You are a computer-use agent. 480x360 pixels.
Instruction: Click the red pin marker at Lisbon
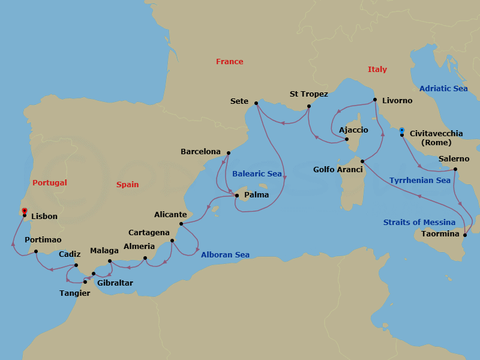click(x=24, y=211)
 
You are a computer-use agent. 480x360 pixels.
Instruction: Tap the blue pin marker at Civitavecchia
click(x=401, y=129)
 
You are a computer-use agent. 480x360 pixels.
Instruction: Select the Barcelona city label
click(x=200, y=152)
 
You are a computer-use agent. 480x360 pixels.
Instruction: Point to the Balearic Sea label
click(x=257, y=174)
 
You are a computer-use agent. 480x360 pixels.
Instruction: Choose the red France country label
click(x=230, y=62)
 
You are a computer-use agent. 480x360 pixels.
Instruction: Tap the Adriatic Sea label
click(x=443, y=89)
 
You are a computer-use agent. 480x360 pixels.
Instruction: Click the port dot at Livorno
click(x=374, y=100)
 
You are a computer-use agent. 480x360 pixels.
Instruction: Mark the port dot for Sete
click(x=256, y=103)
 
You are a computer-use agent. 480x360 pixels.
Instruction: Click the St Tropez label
click(x=308, y=94)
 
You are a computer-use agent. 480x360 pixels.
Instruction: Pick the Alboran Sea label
click(x=225, y=255)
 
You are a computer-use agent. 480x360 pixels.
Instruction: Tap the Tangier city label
click(x=75, y=293)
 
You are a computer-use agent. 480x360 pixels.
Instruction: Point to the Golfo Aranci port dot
click(x=362, y=161)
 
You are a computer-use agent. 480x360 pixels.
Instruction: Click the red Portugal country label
click(x=49, y=183)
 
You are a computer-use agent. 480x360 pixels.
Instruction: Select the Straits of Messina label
click(x=419, y=223)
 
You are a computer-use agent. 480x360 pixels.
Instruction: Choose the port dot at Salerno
click(x=455, y=169)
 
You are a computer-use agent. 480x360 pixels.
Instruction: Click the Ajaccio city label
click(x=353, y=130)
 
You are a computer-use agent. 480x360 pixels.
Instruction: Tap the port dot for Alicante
click(x=181, y=224)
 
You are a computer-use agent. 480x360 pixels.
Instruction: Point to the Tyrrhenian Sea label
click(x=419, y=181)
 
